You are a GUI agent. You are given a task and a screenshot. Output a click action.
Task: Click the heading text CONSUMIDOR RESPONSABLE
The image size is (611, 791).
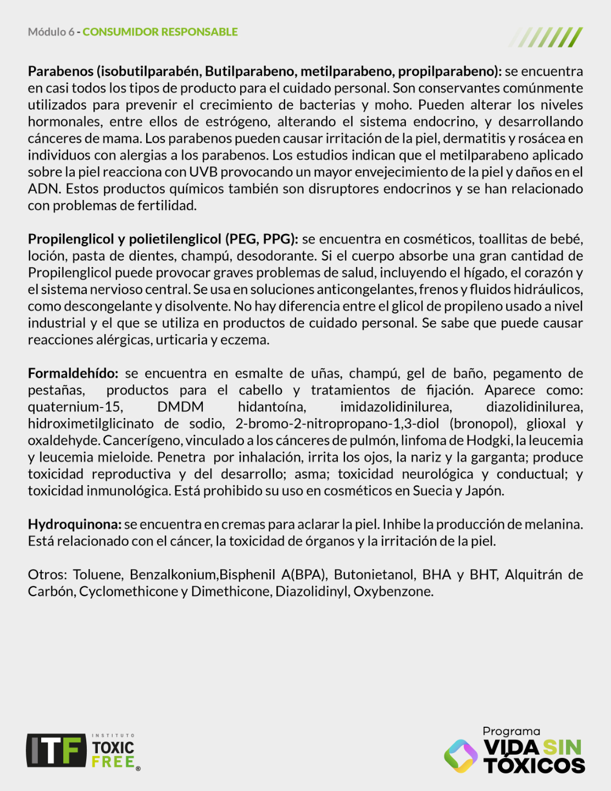tap(160, 32)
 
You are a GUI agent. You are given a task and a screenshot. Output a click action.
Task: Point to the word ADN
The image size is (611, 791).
tap(43, 189)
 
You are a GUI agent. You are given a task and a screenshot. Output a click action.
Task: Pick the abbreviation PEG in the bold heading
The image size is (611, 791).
tap(243, 239)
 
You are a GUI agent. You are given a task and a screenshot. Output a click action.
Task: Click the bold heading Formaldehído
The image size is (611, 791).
tap(73, 374)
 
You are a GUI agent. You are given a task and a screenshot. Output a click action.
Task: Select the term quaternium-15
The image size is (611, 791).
tap(75, 407)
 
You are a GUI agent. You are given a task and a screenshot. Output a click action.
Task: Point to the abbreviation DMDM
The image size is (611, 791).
tap(180, 407)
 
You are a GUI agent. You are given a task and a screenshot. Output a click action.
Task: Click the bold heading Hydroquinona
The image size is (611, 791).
tap(74, 525)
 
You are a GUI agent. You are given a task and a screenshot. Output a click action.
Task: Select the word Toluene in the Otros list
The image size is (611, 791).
tap(97, 575)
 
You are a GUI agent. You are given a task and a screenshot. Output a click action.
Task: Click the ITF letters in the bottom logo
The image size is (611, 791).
tap(56, 750)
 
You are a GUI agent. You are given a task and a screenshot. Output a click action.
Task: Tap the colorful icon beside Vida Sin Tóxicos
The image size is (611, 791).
tap(460, 756)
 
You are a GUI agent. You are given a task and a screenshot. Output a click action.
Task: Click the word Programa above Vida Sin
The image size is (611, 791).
tap(511, 731)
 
